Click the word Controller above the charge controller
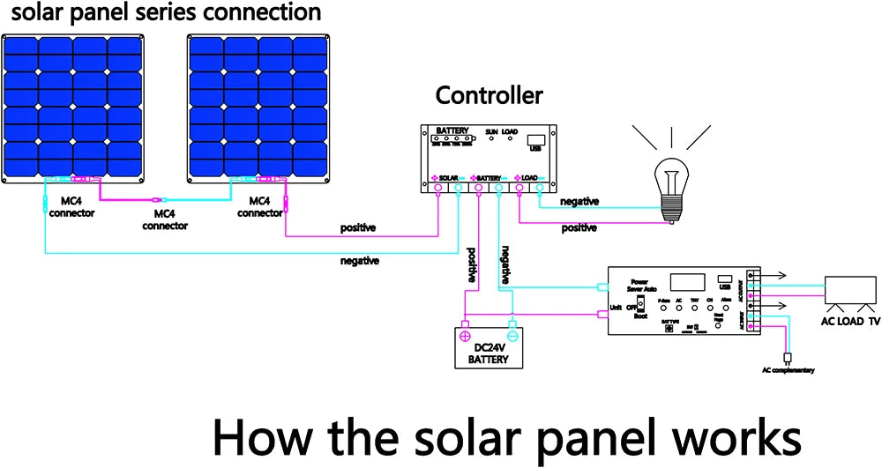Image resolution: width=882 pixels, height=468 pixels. coord(489,96)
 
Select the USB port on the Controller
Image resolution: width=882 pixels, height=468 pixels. coord(534,139)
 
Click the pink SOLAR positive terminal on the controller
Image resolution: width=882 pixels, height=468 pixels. coord(438,186)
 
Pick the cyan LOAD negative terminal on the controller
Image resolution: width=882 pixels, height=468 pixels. coord(539,186)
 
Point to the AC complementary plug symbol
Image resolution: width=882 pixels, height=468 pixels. coord(789,358)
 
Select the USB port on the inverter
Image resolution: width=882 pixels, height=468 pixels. coord(725,279)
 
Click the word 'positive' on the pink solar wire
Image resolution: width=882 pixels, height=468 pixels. coord(358,228)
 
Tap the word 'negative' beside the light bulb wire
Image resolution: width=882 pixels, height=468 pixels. coord(579,202)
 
